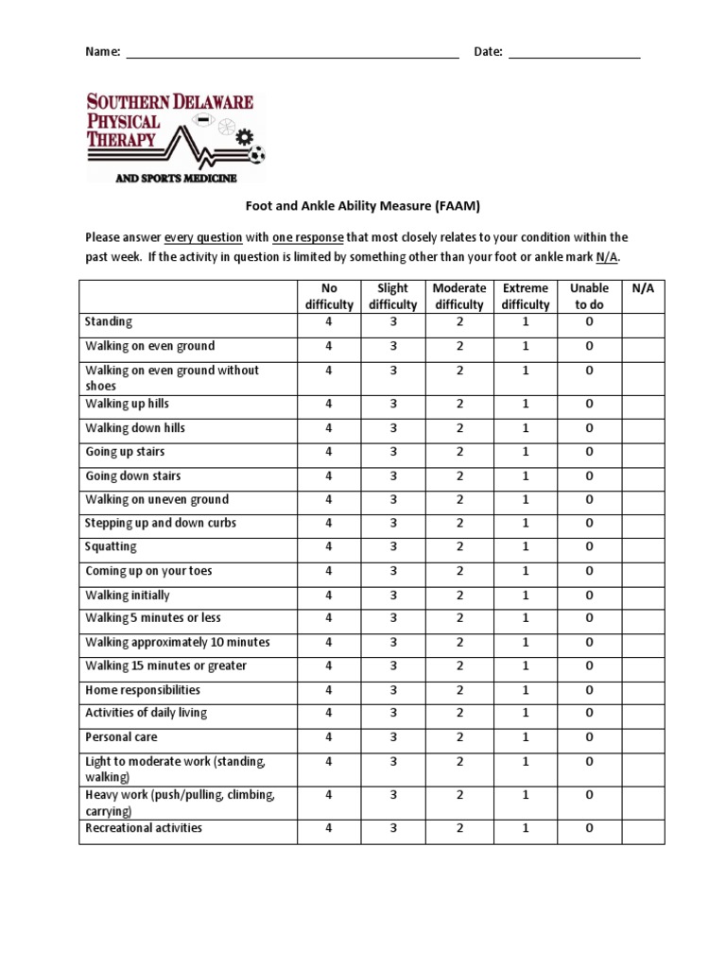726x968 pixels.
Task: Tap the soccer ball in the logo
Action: (x=258, y=154)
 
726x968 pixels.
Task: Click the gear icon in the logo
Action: (x=246, y=137)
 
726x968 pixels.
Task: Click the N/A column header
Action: (x=643, y=288)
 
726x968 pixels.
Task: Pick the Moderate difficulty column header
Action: (x=459, y=296)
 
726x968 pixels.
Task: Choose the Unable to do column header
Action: (x=589, y=296)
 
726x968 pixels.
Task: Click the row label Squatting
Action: (x=111, y=546)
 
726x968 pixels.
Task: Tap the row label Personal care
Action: (x=121, y=736)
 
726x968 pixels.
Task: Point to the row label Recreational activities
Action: (x=144, y=828)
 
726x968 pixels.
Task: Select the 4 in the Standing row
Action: (x=329, y=322)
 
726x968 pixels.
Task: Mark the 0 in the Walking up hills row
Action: (x=589, y=404)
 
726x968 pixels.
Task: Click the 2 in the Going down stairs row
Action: (x=459, y=476)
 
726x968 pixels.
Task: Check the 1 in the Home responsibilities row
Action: (x=526, y=690)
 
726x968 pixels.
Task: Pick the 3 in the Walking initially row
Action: (x=393, y=596)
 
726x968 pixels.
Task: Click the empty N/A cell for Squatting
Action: (x=643, y=547)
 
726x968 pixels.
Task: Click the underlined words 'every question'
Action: (x=203, y=237)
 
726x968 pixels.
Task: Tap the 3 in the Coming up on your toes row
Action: (x=393, y=571)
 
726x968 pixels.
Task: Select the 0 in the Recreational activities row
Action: (x=589, y=829)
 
